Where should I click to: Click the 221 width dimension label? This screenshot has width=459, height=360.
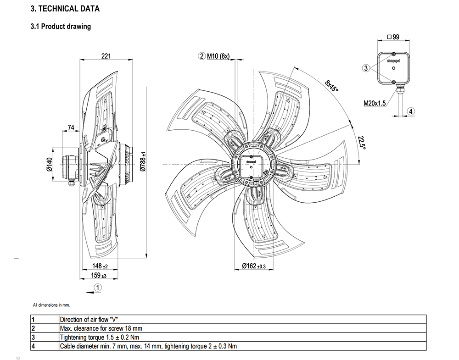pyautogui.click(x=106, y=56)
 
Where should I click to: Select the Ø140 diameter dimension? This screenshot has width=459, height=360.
pyautogui.click(x=50, y=164)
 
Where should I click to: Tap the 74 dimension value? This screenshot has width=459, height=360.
pyautogui.click(x=71, y=127)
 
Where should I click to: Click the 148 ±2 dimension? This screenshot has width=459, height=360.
pyautogui.click(x=99, y=266)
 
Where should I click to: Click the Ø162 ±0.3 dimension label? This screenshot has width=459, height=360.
pyautogui.click(x=253, y=266)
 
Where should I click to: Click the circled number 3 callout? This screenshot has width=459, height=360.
pyautogui.click(x=366, y=68)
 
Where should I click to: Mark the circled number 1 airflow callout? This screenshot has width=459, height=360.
pyautogui.click(x=97, y=288)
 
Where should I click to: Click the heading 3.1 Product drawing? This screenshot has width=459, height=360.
pyautogui.click(x=61, y=27)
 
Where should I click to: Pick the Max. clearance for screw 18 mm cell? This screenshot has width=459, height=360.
pyautogui.click(x=101, y=328)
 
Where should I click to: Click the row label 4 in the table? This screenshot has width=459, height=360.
pyautogui.click(x=34, y=346)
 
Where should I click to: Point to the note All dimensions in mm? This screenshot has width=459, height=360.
pyautogui.click(x=51, y=305)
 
